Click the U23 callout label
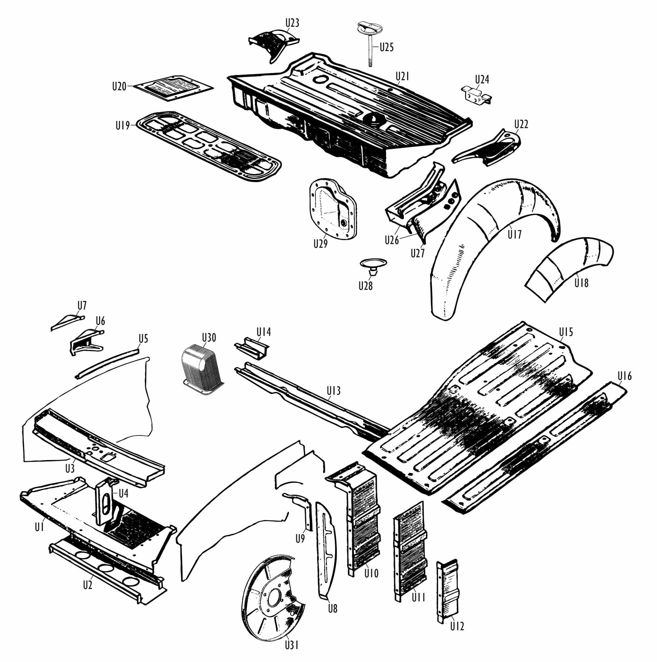(292, 23)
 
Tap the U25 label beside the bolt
(386, 47)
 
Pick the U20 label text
(119, 86)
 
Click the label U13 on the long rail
(333, 391)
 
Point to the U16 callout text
(624, 376)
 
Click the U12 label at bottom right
(457, 626)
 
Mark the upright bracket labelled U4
(104, 501)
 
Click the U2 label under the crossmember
(88, 585)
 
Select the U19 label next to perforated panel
(123, 126)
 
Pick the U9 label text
(300, 539)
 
